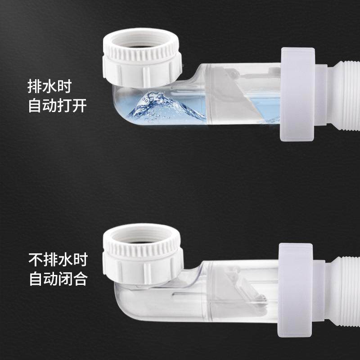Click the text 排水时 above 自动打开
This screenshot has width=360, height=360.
(x=56, y=85)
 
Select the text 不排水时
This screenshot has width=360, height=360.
(x=58, y=260)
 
